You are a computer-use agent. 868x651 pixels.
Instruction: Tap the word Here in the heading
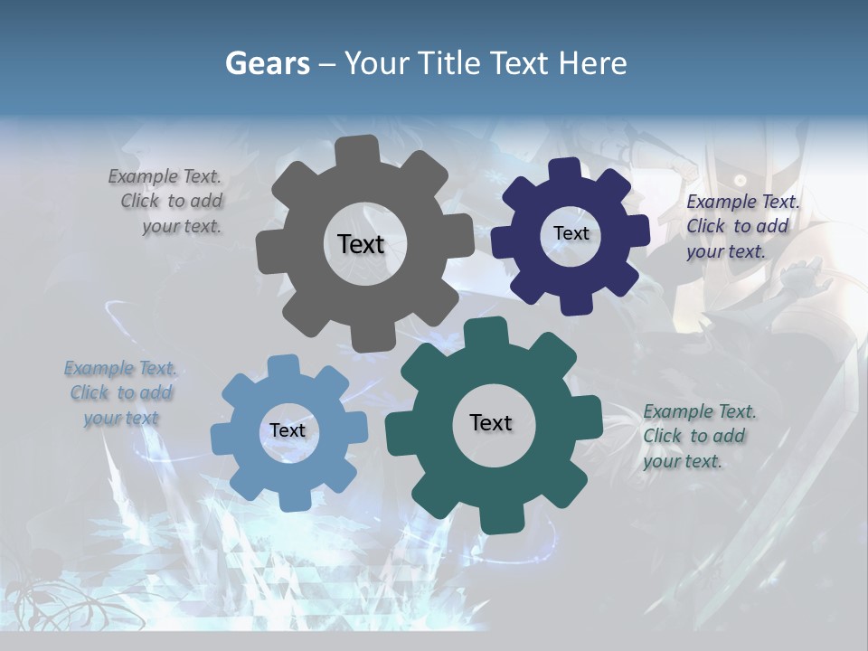pos(592,63)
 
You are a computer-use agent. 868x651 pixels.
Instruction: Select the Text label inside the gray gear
pos(361,244)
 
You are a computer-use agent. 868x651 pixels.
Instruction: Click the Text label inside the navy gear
pos(571,233)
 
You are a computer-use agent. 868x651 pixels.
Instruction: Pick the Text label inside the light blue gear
pos(287,430)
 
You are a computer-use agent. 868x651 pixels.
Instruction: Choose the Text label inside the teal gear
pos(490,422)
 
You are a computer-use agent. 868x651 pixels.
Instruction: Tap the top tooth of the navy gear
pos(565,170)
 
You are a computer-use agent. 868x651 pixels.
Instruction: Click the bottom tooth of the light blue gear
pos(291,500)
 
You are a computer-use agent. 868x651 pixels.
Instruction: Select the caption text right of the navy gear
pos(741,227)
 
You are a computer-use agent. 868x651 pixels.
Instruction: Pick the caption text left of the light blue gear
pos(119,393)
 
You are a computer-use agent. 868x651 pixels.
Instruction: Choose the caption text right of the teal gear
pos(699,437)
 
